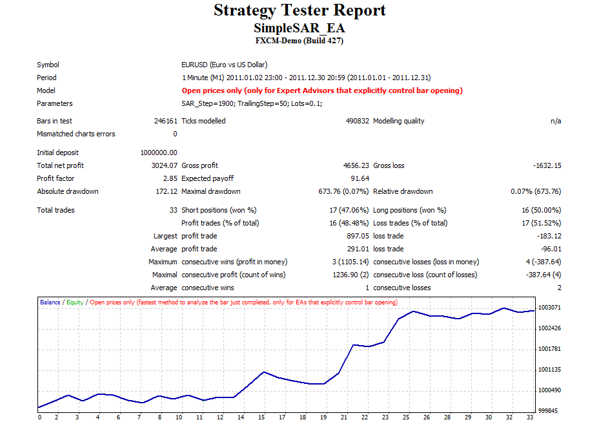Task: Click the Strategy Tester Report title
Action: point(299,10)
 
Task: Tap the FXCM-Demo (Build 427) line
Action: point(299,41)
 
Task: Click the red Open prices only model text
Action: point(322,90)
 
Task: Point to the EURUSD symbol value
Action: point(225,65)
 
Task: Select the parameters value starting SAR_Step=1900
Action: point(252,103)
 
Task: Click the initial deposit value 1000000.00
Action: point(158,153)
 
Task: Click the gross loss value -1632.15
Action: point(547,165)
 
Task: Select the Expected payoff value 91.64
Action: point(360,178)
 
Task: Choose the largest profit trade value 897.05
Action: point(358,236)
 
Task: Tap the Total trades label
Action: point(56,210)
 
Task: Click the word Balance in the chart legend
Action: point(50,302)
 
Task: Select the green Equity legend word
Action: point(76,302)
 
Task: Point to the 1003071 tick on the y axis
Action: point(550,308)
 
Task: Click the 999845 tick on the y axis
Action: point(548,411)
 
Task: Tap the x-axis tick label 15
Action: point(263,417)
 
